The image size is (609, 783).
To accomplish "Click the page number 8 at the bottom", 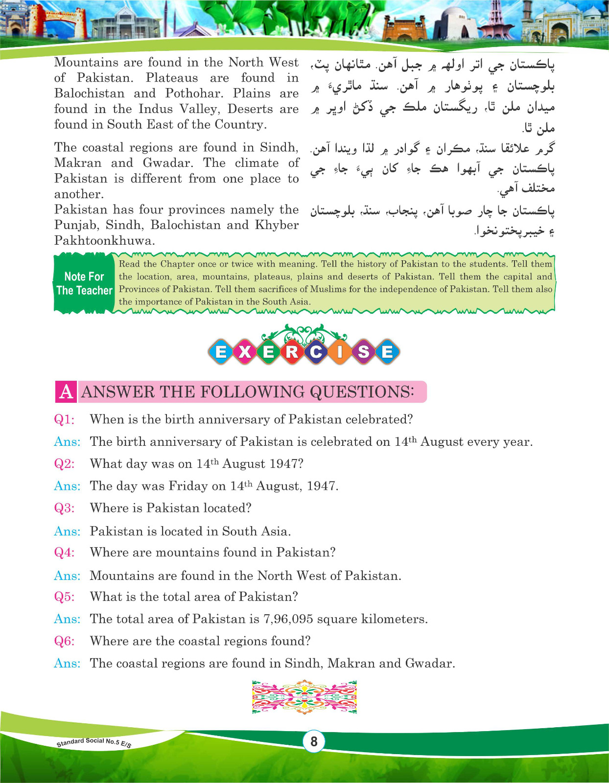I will [x=314, y=741].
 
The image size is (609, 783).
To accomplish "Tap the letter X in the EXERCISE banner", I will [x=245, y=351].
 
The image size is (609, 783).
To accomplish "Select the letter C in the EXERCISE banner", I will [x=316, y=351].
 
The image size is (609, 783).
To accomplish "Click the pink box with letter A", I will [x=66, y=392].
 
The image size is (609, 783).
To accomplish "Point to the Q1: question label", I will [x=64, y=419].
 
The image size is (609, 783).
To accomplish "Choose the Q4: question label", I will [x=64, y=553].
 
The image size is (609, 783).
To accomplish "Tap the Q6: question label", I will [x=64, y=641].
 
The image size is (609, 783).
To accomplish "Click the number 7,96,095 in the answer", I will [x=288, y=619].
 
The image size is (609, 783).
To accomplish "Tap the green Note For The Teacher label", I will [x=84, y=283].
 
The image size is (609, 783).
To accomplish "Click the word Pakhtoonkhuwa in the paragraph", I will [x=104, y=241].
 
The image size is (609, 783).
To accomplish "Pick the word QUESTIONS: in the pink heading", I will [x=362, y=392].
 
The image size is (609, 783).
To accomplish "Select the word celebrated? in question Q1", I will [x=379, y=419].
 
